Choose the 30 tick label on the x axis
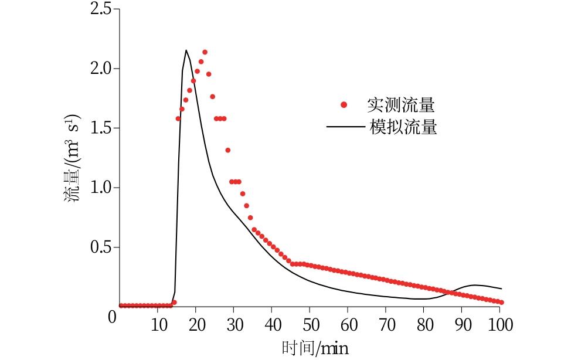234,325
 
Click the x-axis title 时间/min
315,349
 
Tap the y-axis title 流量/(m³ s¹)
73,158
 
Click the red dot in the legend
344,106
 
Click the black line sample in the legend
345,127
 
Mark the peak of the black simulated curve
186,50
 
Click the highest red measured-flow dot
205,52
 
